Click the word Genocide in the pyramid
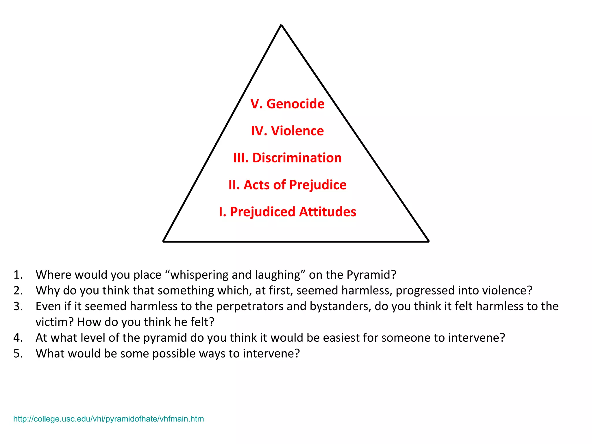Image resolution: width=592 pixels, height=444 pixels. click(295, 104)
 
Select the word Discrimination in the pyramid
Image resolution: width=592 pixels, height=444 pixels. click(297, 158)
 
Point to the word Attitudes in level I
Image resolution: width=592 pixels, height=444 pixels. click(328, 212)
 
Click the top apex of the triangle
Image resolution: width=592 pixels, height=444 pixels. click(281, 25)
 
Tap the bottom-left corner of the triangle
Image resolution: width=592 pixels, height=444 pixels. click(164, 241)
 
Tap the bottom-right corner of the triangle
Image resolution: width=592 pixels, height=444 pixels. click(428, 241)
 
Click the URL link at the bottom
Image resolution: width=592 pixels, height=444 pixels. click(108, 419)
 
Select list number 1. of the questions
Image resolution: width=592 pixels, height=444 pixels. click(18, 275)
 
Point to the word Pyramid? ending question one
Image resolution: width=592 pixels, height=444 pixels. click(371, 275)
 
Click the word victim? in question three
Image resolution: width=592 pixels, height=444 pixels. click(55, 322)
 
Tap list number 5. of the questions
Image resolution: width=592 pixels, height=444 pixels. click(18, 354)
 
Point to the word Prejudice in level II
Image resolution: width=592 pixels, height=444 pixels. click(318, 185)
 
